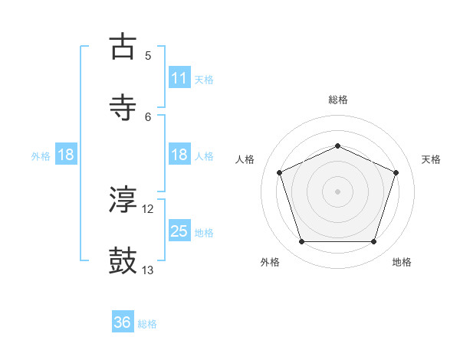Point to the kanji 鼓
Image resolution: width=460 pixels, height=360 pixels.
123,260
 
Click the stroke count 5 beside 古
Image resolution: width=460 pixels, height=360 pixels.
148,55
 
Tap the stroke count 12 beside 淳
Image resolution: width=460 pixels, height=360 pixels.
148,209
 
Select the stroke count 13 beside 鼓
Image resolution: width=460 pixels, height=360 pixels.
148,270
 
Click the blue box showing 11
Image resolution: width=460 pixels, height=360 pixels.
179,78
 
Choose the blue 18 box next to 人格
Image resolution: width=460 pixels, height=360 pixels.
179,155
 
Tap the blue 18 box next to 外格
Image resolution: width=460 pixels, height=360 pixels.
66,155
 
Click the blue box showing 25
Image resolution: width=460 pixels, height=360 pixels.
179,231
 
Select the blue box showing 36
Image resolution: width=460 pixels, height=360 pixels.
123,322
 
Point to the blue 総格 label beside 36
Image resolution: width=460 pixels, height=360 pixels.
147,324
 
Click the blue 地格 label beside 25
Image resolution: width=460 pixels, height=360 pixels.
204,233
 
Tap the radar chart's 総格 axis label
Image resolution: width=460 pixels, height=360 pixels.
338,100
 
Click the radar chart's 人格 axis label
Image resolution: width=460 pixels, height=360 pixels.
246,159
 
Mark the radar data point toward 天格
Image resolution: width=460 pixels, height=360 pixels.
396,172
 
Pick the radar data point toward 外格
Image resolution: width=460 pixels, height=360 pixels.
301,242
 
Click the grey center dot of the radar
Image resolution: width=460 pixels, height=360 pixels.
337,191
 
